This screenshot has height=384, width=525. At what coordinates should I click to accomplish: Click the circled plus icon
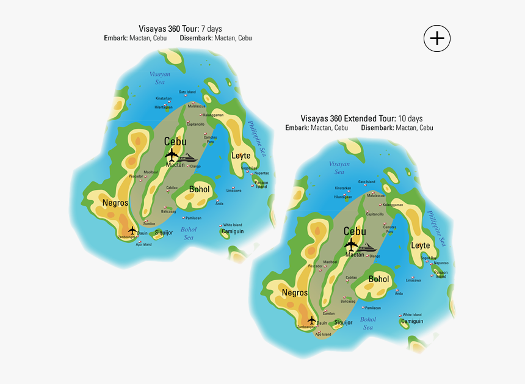coord(437,38)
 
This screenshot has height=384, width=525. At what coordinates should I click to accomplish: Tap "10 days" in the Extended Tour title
coord(410,118)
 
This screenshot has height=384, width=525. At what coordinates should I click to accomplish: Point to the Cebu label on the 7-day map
coord(175,142)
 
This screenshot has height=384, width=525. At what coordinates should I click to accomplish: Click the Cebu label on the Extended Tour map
coord(355,231)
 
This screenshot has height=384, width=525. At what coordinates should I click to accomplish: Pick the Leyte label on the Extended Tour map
coord(421,245)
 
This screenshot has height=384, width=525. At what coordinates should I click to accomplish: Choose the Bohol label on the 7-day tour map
coord(199,189)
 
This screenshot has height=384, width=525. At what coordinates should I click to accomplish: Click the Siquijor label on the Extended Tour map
coord(343,322)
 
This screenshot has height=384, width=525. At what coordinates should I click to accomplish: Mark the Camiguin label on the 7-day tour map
coord(232,231)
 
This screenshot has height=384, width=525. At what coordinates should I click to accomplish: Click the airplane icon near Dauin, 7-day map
coord(132,230)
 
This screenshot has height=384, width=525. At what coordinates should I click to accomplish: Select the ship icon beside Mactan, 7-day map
coord(196,158)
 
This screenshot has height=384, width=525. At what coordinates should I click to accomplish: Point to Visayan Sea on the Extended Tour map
coord(339,168)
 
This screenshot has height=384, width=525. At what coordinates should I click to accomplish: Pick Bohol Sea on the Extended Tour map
coord(368,323)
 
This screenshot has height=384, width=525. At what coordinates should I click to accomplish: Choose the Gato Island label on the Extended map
coord(366,182)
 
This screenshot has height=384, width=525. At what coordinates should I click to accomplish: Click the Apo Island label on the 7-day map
coord(143,244)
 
